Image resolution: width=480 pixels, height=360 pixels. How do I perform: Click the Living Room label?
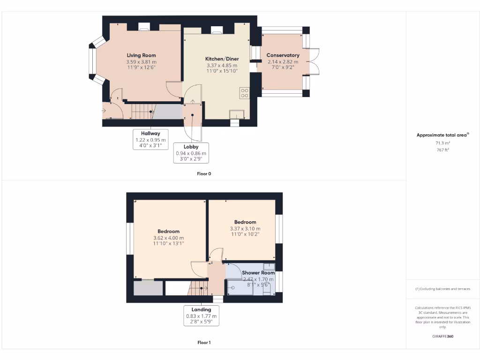pyautogui.click(x=141, y=55)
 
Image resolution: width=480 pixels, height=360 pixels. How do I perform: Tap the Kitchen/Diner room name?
pyautogui.click(x=222, y=59)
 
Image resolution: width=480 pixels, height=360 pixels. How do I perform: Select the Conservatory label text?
pyautogui.click(x=283, y=55)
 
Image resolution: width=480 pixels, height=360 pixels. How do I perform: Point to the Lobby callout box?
pyautogui.click(x=191, y=153)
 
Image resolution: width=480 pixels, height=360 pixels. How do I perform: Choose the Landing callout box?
pyautogui.click(x=201, y=315)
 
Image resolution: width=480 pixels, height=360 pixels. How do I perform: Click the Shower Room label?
pyautogui.click(x=258, y=272)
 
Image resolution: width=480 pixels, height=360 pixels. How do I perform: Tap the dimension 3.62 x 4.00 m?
pyautogui.click(x=168, y=238)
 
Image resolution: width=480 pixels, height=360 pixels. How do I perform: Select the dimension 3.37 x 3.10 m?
pyautogui.click(x=245, y=229)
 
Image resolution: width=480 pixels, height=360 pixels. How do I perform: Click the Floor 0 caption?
pyautogui.click(x=204, y=173)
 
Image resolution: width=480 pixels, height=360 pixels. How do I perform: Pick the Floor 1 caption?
pyautogui.click(x=204, y=343)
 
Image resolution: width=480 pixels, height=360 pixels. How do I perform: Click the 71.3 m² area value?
pyautogui.click(x=442, y=143)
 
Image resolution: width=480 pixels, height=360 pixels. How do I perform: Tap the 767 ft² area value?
pyautogui.click(x=442, y=150)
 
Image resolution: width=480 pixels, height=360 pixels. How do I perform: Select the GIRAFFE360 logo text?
pyautogui.click(x=442, y=336)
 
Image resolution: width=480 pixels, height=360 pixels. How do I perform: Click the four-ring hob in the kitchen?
pyautogui.click(x=244, y=93)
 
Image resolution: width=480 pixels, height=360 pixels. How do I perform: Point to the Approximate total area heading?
pyautogui.click(x=442, y=135)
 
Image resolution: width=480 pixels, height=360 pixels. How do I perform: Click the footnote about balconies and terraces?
pyautogui.click(x=442, y=289)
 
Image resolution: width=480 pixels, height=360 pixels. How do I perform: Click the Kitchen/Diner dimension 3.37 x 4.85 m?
pyautogui.click(x=222, y=65)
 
